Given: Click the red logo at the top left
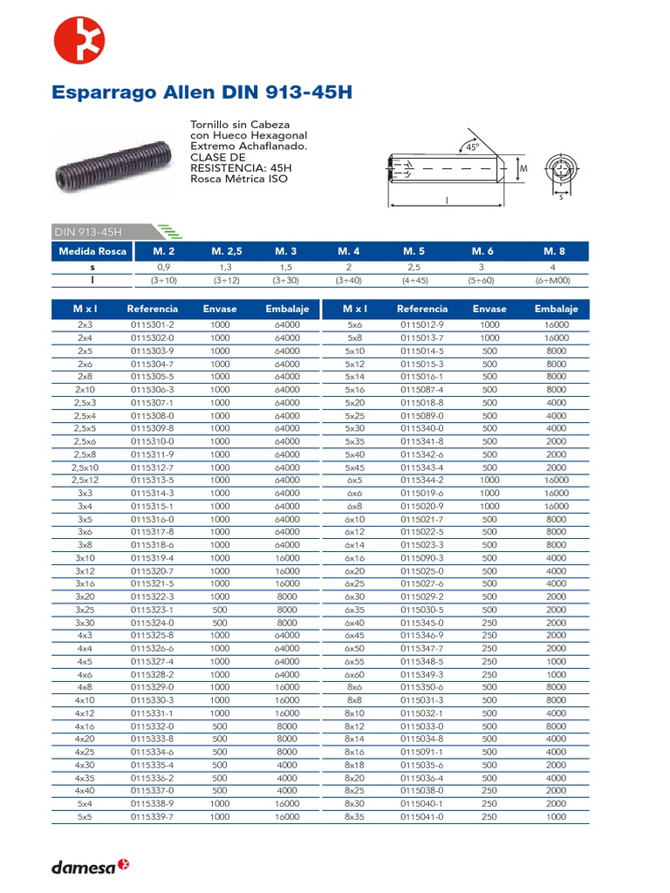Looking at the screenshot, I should (79, 40).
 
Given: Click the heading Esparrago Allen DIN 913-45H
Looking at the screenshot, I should (202, 92).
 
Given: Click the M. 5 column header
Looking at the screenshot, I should (414, 251).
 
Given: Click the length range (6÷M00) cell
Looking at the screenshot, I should (554, 281).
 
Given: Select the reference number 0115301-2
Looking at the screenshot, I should (153, 324).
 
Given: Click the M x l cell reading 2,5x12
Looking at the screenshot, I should (85, 480).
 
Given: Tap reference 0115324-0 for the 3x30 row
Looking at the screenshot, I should (153, 623).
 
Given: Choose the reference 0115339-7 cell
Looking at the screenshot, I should (153, 817).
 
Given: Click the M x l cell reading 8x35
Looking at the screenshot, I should (354, 817).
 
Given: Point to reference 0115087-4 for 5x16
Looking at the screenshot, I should (422, 389).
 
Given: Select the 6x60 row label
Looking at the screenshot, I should (354, 674).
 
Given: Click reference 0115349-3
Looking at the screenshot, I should (422, 674).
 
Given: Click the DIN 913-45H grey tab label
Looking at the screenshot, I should (88, 231).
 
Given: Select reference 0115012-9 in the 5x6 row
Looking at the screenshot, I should (422, 324).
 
